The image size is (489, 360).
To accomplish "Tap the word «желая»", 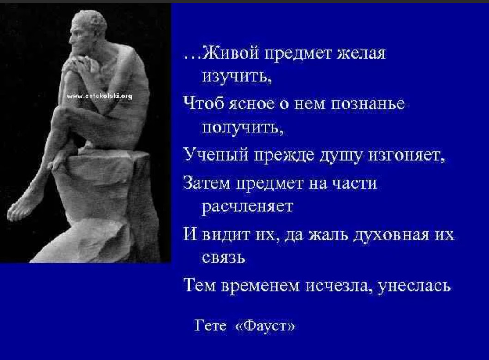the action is click(x=362, y=53).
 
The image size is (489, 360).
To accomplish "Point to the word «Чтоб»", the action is click(x=203, y=103).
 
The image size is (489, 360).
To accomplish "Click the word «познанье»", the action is click(x=368, y=103).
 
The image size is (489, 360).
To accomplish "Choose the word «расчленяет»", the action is click(x=248, y=206).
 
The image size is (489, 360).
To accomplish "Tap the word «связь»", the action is click(x=223, y=258).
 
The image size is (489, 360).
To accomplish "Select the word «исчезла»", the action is click(x=337, y=286).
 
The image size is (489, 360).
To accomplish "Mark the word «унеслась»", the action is click(x=414, y=286).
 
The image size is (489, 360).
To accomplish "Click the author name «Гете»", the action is click(x=211, y=326).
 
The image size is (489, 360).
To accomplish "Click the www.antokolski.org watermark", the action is click(x=99, y=96).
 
